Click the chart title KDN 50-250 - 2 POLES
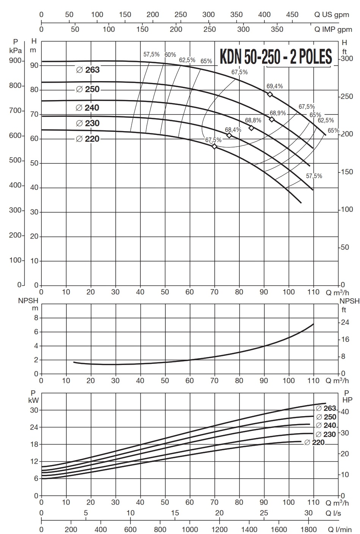pos(276,57)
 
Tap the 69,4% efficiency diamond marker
pos(270,94)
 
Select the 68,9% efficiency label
pos(278,113)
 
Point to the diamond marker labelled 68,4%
pos(229,135)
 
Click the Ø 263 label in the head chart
pos(88,70)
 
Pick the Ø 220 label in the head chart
pos(88,139)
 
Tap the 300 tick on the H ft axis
pos(347,58)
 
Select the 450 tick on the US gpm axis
pos(292,15)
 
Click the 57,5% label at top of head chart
pos(151,55)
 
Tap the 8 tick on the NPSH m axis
pos(36,318)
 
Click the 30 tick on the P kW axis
pos(34,410)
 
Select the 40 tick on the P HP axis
pos(346,412)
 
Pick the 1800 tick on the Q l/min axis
pos(309,529)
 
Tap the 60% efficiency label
pos(170,55)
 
